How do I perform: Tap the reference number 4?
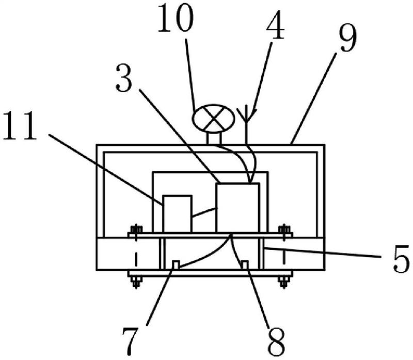tap(275, 27)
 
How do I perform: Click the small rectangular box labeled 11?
tap(177, 214)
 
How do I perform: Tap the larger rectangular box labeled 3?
tap(237, 207)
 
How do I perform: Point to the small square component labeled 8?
tap(245, 265)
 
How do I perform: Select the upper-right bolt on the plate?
tap(282, 231)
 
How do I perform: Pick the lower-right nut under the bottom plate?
tap(282, 281)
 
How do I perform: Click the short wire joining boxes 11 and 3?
tap(204, 212)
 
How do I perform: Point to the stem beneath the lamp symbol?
tap(213, 138)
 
